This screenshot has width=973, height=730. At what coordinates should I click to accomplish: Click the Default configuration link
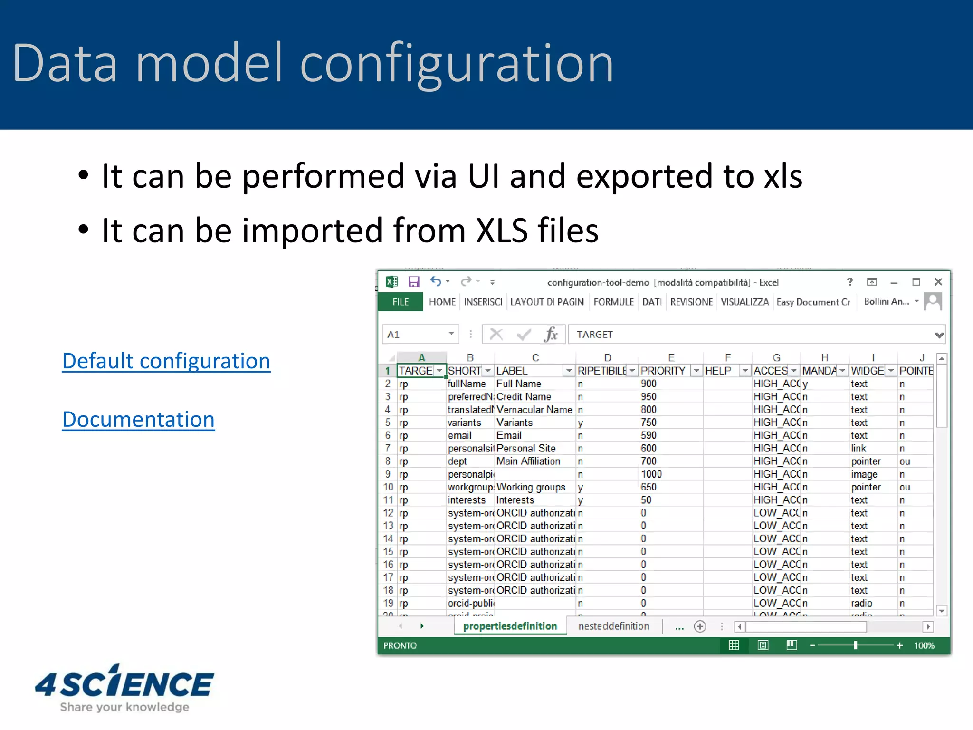tap(166, 361)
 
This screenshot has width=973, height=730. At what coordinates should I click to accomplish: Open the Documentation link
tap(138, 420)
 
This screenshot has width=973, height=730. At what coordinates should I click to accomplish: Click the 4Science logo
tap(124, 688)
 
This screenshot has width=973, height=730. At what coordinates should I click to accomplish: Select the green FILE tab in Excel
tap(400, 302)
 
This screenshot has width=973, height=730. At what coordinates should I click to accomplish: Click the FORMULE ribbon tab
tap(613, 302)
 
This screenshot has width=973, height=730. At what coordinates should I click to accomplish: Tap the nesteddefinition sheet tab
tap(613, 626)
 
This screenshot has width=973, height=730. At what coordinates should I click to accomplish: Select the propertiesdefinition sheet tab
tap(510, 626)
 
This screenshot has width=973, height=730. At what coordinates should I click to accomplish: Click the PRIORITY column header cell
tap(663, 371)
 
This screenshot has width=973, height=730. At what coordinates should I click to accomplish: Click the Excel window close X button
tap(938, 282)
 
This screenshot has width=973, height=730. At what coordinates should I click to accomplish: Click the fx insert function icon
tap(551, 335)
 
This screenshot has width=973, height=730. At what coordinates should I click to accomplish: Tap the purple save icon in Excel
tap(414, 282)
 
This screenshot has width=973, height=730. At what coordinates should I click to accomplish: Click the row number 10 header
tap(388, 487)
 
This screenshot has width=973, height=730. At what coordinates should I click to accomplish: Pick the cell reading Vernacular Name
tap(534, 410)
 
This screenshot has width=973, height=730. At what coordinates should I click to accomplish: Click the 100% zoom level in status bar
tap(924, 645)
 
